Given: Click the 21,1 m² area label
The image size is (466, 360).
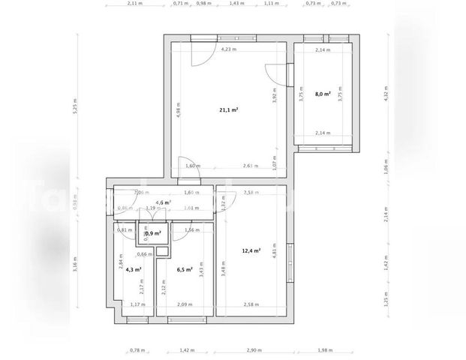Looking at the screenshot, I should [x=228, y=109].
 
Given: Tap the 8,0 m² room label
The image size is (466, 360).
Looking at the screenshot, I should [x=322, y=94].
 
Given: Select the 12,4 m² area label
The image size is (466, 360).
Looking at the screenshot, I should [x=251, y=250].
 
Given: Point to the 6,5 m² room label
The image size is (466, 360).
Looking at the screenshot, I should [x=185, y=269].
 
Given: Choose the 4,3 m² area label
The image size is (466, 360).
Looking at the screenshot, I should [x=133, y=269].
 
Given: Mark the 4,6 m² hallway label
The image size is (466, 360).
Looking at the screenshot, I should [x=163, y=202].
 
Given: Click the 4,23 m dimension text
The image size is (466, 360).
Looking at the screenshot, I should [x=228, y=49].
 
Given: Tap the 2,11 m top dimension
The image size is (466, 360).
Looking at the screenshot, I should [x=134, y=4].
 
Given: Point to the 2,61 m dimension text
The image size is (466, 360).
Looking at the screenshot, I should [x=251, y=166].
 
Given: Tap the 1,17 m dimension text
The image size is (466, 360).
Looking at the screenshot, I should [x=137, y=304].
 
